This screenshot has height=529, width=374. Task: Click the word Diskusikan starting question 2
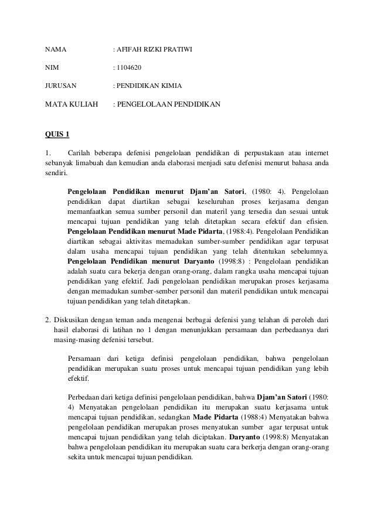point(70,320)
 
